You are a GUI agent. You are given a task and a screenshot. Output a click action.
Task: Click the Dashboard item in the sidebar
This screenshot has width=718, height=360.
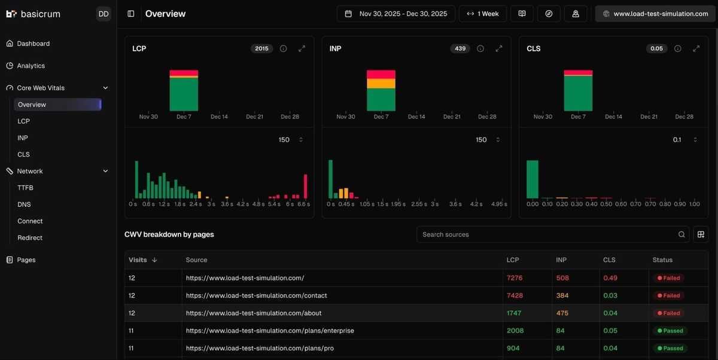[x=33, y=44]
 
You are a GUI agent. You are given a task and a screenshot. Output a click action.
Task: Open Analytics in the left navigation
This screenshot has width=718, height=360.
[x=31, y=66]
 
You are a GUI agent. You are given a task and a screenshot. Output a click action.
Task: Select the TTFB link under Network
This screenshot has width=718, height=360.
[x=25, y=188]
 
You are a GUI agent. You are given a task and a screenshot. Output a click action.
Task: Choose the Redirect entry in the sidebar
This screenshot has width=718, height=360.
[x=30, y=238]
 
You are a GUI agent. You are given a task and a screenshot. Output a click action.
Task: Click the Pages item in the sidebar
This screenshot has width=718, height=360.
[x=26, y=260]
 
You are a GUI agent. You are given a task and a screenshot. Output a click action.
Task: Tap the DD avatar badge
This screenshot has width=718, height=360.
[x=104, y=14]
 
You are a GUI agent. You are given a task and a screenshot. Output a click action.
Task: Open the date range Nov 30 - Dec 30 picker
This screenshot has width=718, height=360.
[x=396, y=14]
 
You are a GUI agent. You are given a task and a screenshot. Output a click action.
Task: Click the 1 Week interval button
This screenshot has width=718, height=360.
[x=482, y=14]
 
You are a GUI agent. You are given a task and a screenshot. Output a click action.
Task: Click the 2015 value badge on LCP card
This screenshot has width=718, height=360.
[x=261, y=49]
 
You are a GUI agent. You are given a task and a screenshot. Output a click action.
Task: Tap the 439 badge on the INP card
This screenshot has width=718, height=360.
[x=460, y=49]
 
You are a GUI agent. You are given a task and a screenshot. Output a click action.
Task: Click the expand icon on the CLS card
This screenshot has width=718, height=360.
[x=696, y=49]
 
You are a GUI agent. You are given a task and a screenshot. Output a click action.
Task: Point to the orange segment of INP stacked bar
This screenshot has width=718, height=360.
[x=381, y=84]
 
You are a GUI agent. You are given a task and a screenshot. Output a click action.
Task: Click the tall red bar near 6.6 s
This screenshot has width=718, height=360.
[x=306, y=187]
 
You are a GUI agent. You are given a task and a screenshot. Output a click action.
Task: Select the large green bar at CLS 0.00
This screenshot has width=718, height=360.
[x=532, y=179]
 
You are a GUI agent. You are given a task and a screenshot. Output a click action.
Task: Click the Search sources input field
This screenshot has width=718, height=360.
[x=547, y=234]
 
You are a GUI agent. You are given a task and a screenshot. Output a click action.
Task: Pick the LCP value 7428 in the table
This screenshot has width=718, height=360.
[x=515, y=295]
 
